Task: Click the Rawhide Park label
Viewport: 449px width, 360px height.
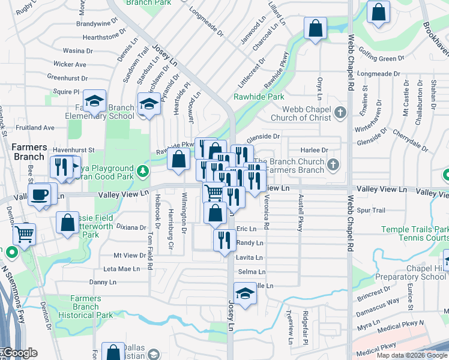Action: [259, 97]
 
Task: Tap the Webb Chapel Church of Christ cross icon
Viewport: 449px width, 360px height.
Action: [340, 112]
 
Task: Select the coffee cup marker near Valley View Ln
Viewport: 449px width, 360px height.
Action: [40, 194]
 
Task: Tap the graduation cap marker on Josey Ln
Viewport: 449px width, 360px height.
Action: [244, 294]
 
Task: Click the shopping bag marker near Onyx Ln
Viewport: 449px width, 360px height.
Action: [315, 28]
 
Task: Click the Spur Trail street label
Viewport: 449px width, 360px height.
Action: [371, 211]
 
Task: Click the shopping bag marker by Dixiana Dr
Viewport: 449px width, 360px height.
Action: [68, 222]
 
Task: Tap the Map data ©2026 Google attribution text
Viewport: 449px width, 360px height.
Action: [411, 355]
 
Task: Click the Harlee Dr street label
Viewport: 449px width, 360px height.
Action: [316, 150]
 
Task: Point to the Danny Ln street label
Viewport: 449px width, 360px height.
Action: [103, 282]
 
